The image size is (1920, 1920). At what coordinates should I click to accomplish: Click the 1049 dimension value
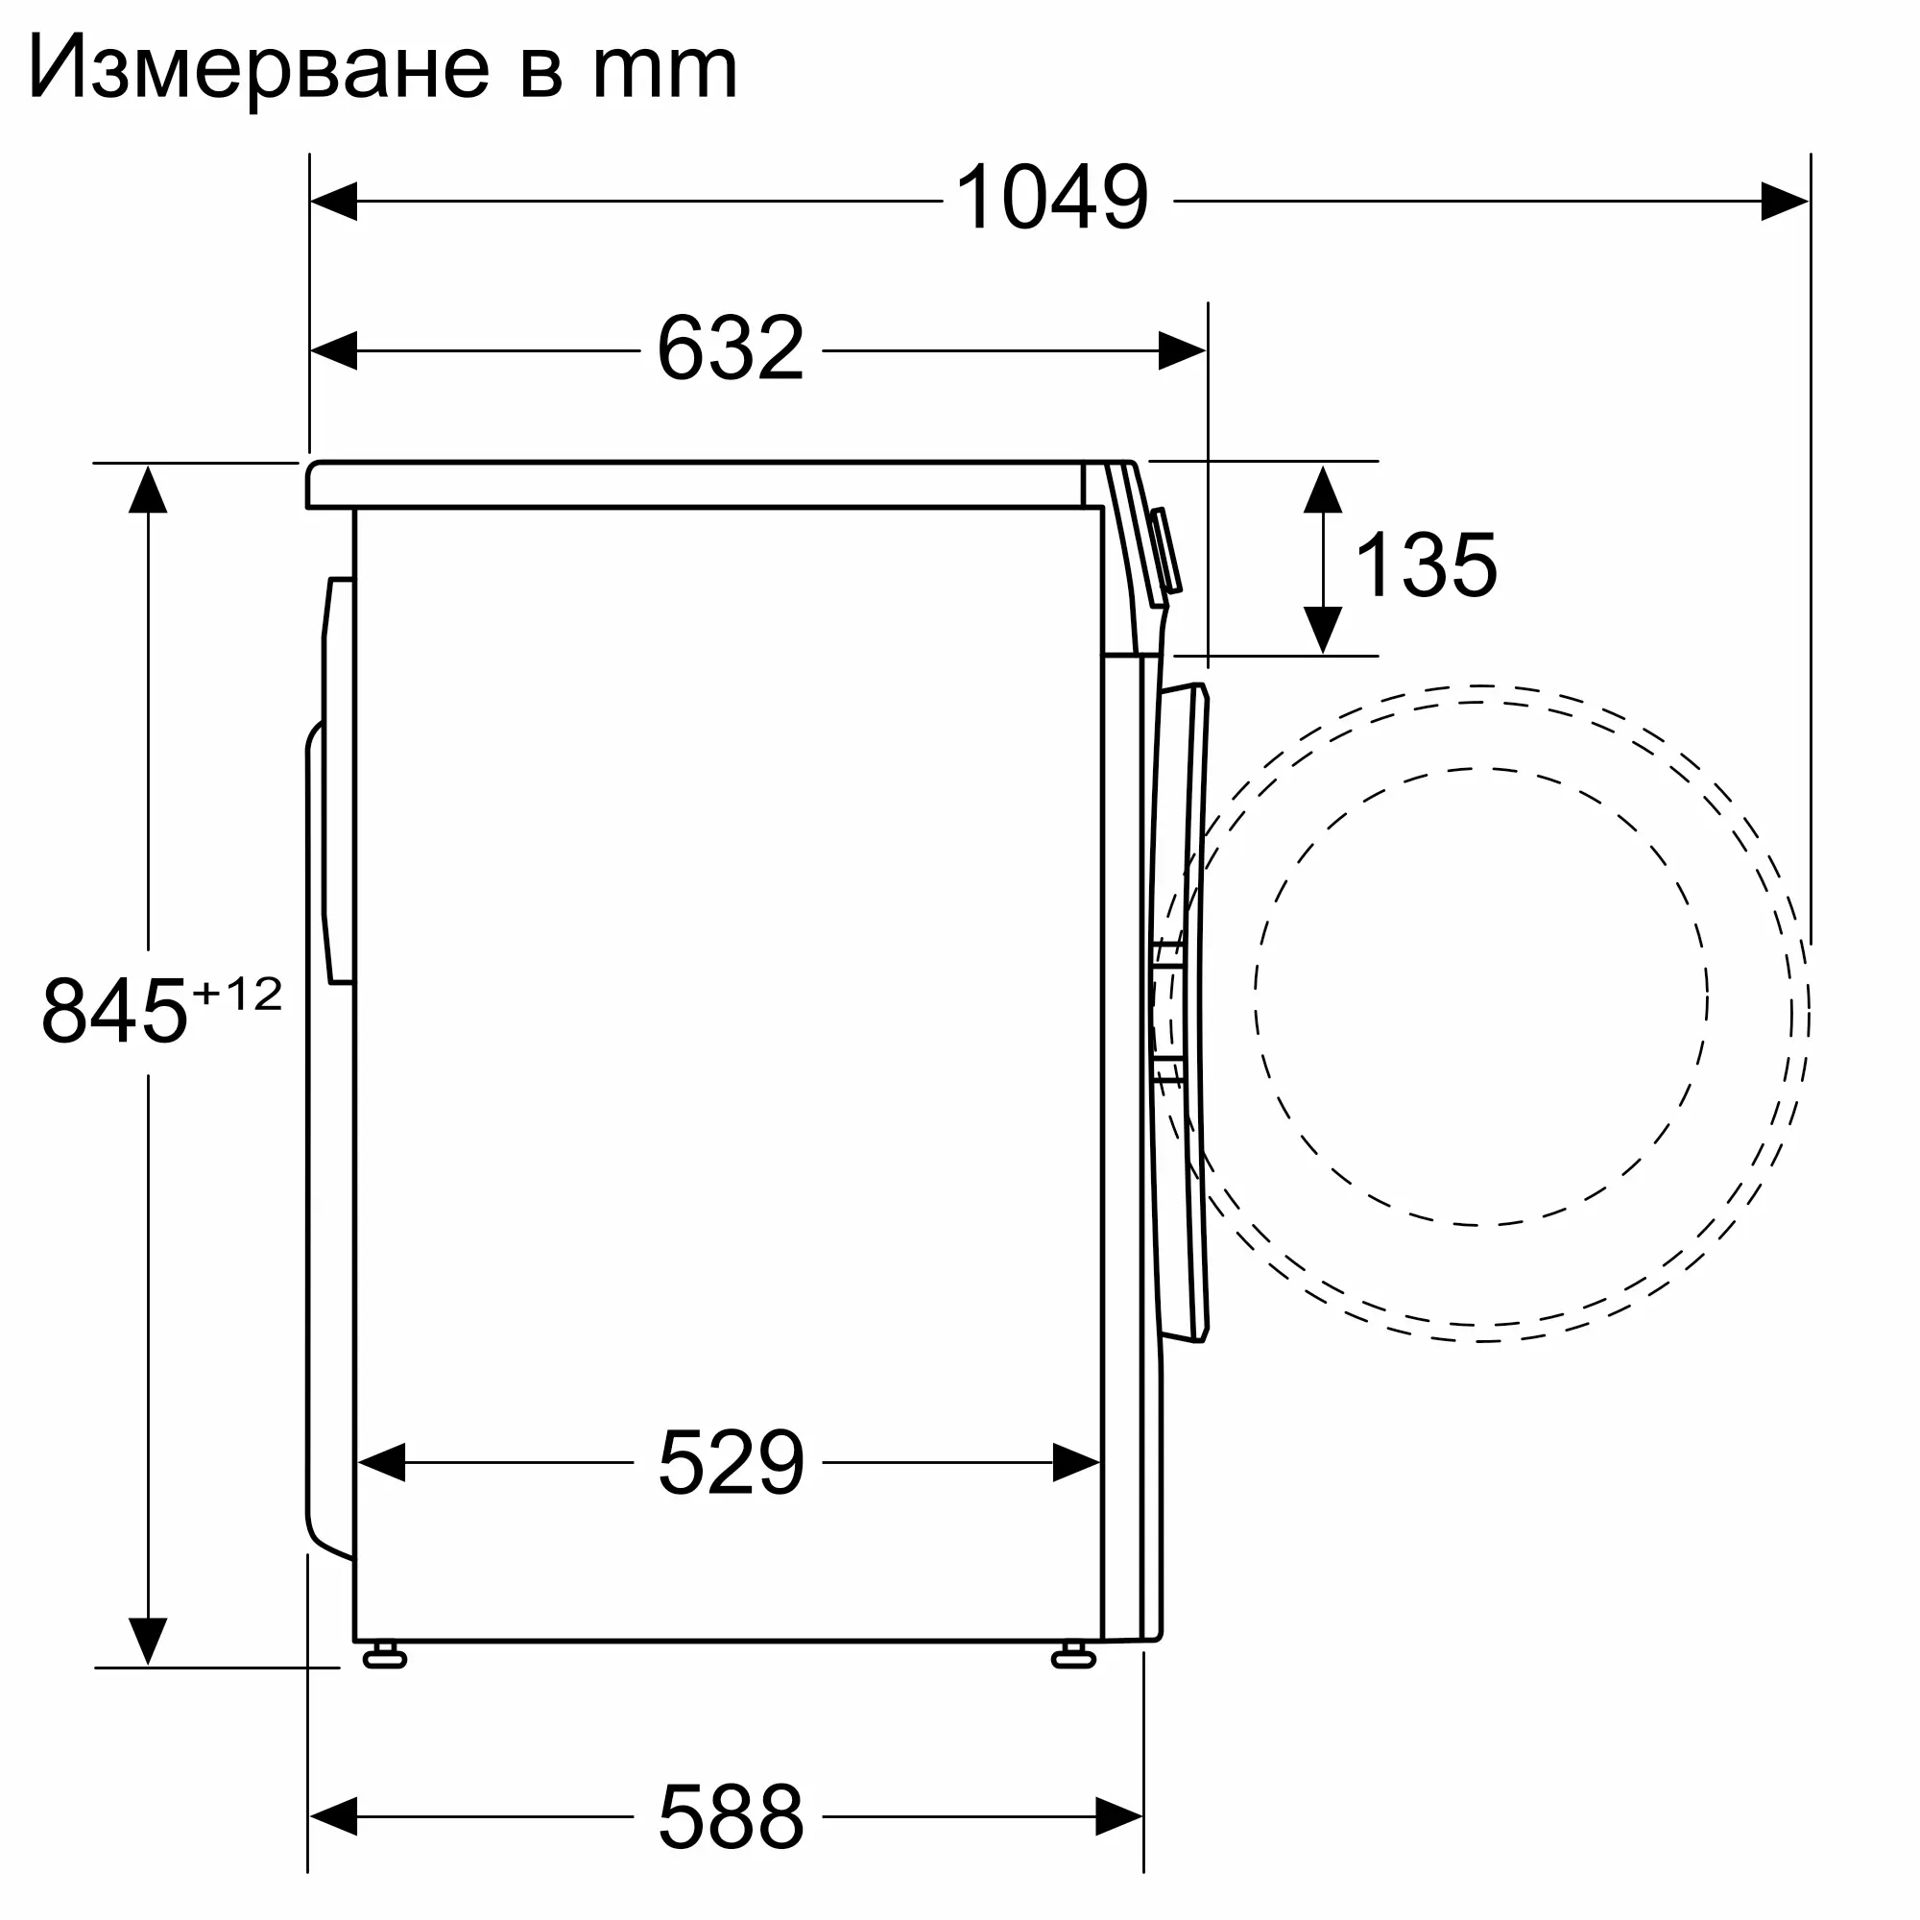pos(1051,199)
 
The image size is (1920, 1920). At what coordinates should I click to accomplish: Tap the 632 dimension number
pos(731,348)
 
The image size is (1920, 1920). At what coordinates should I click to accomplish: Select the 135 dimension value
pos(1425,565)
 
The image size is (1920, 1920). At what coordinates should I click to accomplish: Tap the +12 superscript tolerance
pos(237,994)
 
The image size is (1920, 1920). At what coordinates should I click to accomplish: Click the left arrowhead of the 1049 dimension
pos(334,201)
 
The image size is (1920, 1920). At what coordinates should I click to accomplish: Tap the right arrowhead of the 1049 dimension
pos(1784,201)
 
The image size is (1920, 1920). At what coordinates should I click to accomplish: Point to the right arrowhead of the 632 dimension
pos(1182,350)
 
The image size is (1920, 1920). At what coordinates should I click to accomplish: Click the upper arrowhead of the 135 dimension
pos(1323,489)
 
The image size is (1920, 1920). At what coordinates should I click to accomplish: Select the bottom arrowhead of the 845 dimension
pos(148,1640)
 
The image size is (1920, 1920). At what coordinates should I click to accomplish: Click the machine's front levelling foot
pos(1073,1655)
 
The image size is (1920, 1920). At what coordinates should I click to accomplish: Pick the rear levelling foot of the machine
pos(385,1655)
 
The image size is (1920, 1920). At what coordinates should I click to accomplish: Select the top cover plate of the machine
pos(696,485)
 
